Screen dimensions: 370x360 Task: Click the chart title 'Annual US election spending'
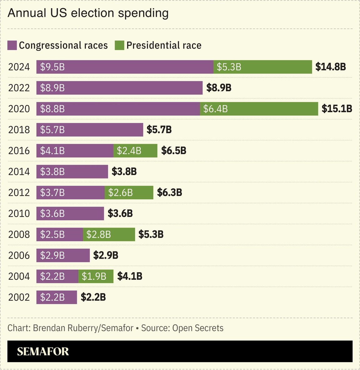click(x=88, y=13)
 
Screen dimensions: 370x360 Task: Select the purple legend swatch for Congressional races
click(x=12, y=45)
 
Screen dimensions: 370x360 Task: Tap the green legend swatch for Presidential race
click(x=119, y=45)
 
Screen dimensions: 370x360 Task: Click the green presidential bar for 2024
click(x=262, y=67)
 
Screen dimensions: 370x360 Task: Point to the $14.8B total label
click(x=330, y=67)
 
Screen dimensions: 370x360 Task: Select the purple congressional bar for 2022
click(x=119, y=88)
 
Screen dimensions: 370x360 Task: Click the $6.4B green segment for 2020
click(x=259, y=109)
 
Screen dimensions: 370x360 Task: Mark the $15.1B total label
click(x=337, y=109)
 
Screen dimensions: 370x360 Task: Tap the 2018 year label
click(x=19, y=130)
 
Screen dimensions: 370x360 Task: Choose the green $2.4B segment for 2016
click(x=135, y=151)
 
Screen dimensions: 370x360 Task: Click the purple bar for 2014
click(x=72, y=172)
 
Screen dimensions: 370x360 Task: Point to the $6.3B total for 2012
click(x=169, y=192)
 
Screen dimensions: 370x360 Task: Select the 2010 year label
click(x=19, y=213)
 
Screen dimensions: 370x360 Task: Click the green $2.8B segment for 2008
click(x=109, y=234)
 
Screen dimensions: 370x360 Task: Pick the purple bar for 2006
click(x=63, y=255)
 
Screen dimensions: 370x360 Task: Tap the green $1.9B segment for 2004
click(x=96, y=276)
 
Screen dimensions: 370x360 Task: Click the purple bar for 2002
click(x=57, y=297)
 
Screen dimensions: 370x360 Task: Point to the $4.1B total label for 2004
click(x=130, y=276)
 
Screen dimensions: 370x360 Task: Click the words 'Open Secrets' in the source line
click(x=198, y=328)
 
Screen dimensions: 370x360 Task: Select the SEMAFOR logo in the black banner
click(x=43, y=352)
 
